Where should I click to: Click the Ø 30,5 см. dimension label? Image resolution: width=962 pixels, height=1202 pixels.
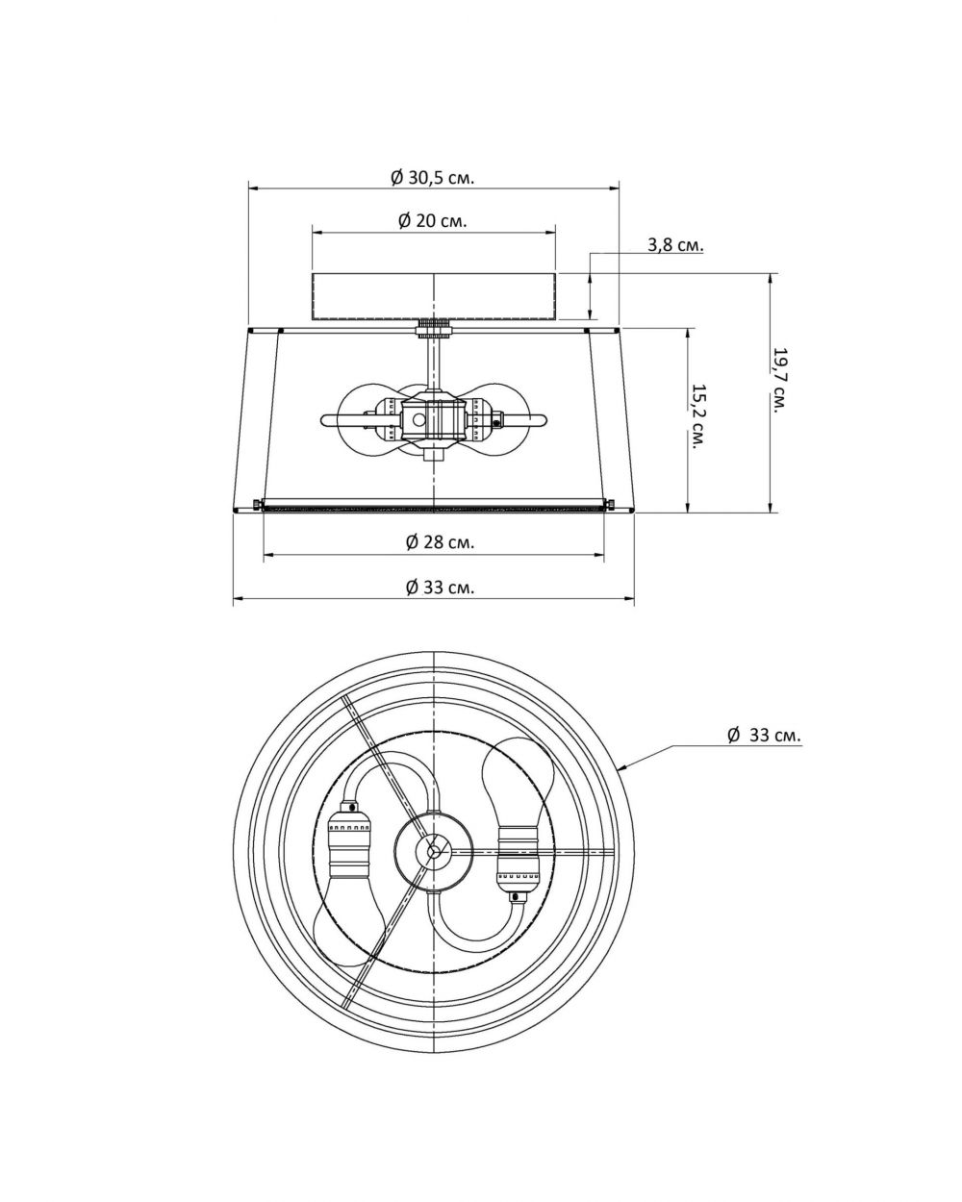[433, 178]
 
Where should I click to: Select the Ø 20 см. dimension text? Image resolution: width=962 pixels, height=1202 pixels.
[433, 220]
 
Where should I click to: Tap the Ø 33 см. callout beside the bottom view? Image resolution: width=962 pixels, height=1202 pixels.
[764, 735]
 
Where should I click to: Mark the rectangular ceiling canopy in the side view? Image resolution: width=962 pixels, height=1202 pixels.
[435, 296]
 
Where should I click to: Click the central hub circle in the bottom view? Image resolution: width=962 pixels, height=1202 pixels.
[434, 849]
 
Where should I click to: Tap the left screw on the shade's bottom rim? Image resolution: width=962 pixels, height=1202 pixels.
[254, 504]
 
